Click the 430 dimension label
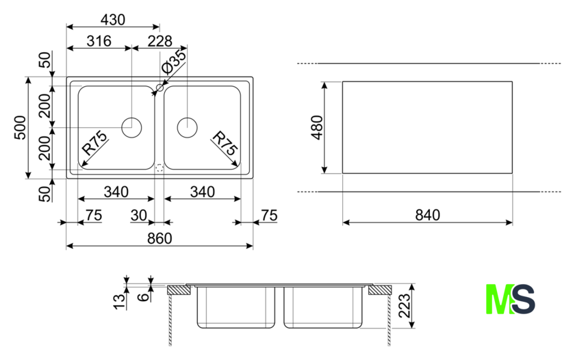[112, 20]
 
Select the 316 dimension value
[99, 41]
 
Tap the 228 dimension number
[159, 41]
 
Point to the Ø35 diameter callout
[174, 64]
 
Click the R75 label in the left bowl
[95, 144]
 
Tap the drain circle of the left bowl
[131, 127]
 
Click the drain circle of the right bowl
[187, 127]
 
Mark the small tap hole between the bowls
[159, 88]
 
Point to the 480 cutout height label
[316, 127]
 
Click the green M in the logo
[496, 299]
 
